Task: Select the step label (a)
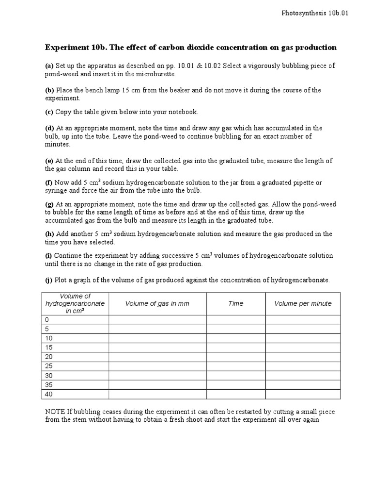click(x=49, y=66)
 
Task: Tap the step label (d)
click(x=49, y=128)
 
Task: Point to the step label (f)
click(x=49, y=182)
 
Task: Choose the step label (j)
click(x=49, y=280)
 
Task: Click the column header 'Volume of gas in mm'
click(x=157, y=304)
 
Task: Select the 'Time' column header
click(x=236, y=304)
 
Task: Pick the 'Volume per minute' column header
click(x=303, y=304)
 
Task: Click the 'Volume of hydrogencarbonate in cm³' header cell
click(x=75, y=304)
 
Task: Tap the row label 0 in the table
click(x=47, y=320)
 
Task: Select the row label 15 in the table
click(x=48, y=348)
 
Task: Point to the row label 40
click(x=48, y=394)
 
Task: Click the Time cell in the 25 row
click(x=236, y=366)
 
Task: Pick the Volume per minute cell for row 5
click(x=303, y=329)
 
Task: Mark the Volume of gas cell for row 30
click(x=157, y=376)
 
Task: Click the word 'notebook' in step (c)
click(x=183, y=112)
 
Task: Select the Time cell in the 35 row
click(x=236, y=385)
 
